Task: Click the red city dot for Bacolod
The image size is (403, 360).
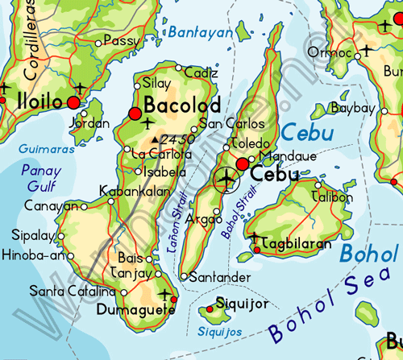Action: tap(135, 114)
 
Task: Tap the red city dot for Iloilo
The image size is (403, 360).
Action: tap(74, 103)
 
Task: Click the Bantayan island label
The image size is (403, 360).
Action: tap(199, 32)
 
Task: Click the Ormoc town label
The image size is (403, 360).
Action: tap(335, 52)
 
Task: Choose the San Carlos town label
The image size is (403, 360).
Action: tap(232, 124)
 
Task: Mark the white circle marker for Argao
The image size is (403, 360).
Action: tap(217, 213)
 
